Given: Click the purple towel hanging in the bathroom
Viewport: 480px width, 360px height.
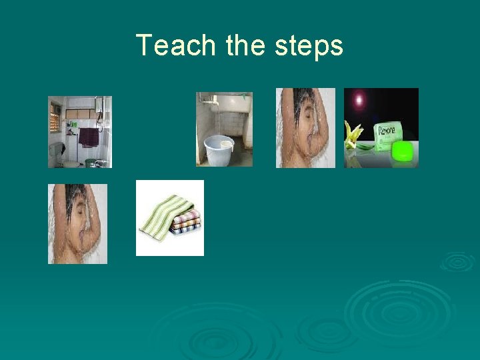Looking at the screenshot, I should pos(88,137).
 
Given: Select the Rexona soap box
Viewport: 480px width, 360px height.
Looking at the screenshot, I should pos(388,135).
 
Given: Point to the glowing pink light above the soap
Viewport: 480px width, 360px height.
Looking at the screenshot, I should pos(360,100).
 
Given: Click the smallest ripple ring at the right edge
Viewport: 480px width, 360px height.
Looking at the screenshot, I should pos(458,261).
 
